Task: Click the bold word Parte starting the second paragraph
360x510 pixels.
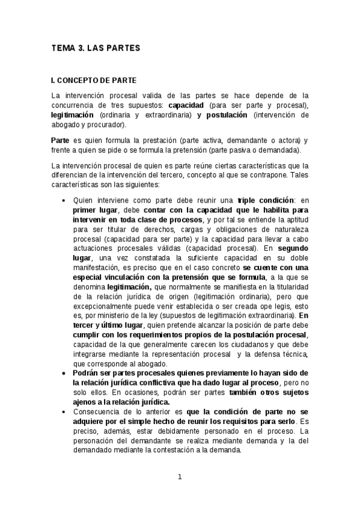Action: click(61, 140)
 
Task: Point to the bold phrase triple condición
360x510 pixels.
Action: click(266, 200)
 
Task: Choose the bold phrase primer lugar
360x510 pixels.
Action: click(96, 210)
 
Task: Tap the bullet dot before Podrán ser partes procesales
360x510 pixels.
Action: click(64, 373)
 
